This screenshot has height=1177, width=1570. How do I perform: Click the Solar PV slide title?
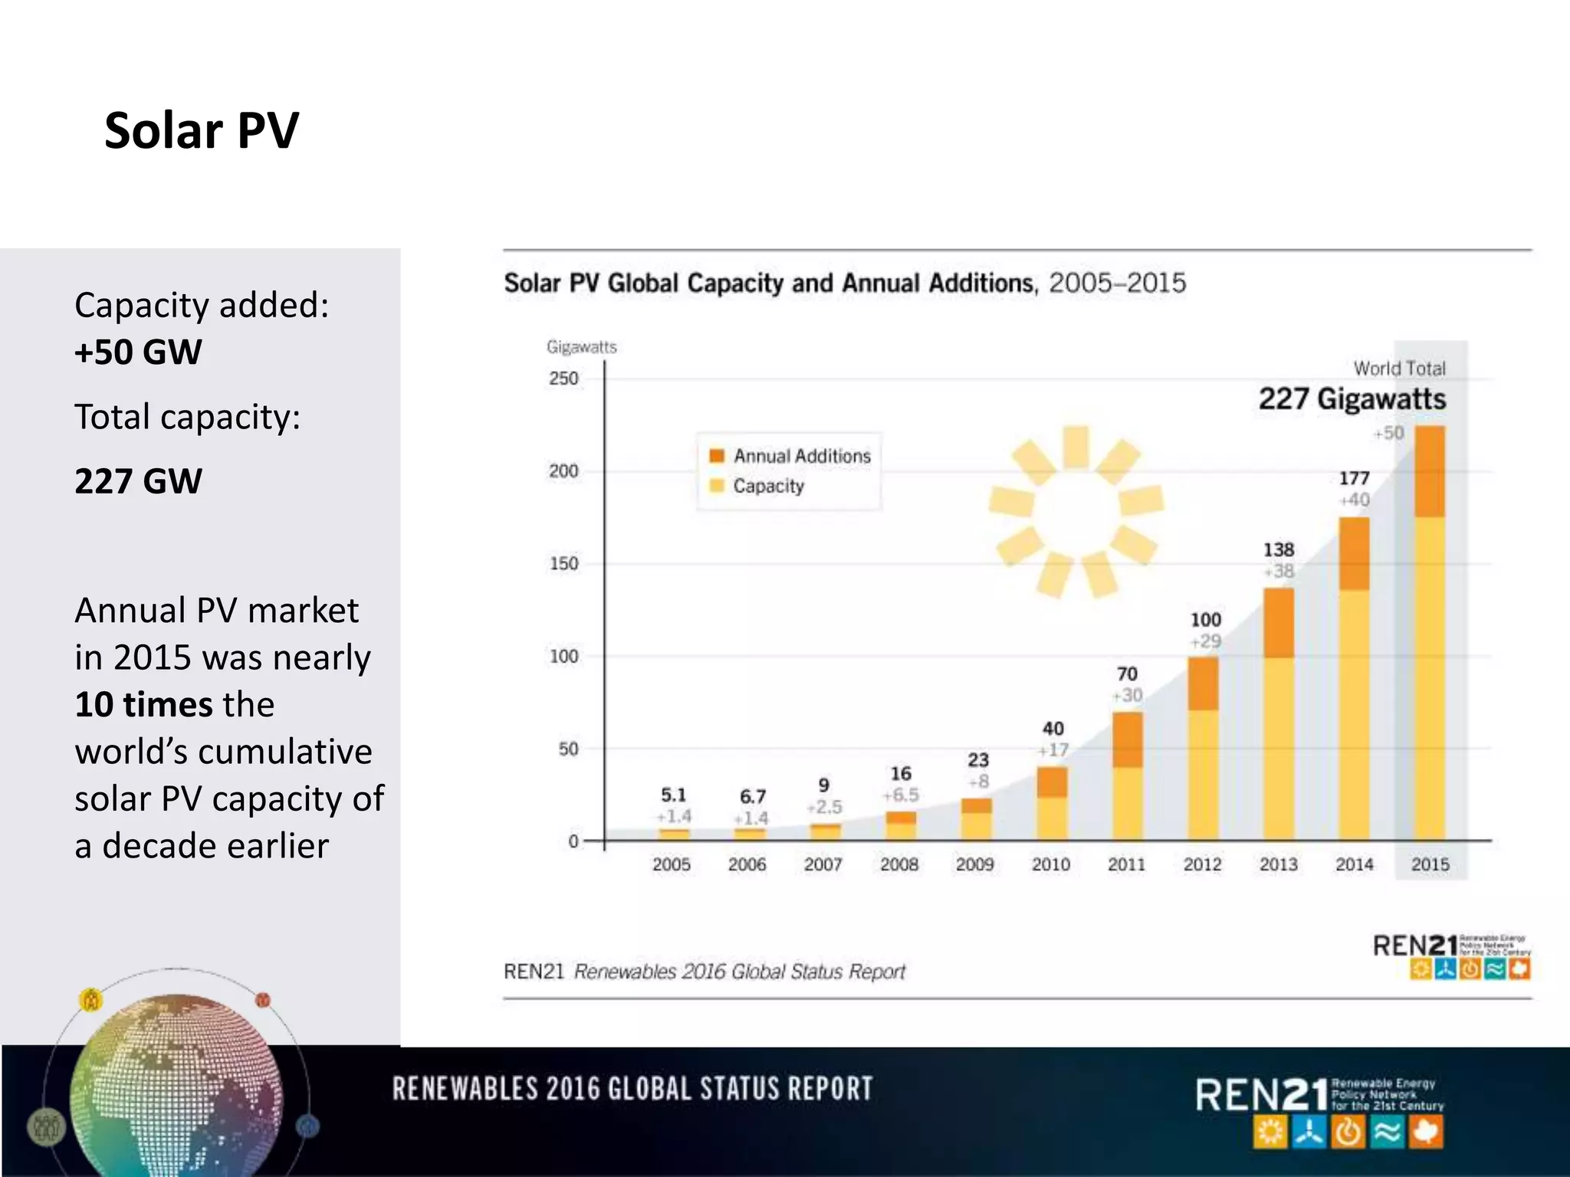point(201,130)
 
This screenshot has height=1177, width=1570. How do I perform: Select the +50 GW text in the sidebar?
point(138,352)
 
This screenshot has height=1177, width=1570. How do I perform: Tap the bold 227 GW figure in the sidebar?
point(138,481)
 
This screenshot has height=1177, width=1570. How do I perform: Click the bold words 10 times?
point(143,704)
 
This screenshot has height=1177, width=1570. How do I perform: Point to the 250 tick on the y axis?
point(563,379)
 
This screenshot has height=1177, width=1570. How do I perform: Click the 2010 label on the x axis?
point(1050,864)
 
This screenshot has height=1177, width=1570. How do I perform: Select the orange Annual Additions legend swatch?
point(717,456)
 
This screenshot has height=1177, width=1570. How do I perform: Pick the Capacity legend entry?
point(768,486)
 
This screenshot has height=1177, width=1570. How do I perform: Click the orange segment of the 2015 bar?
point(1429,471)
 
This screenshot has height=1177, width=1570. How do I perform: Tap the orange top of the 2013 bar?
point(1278,622)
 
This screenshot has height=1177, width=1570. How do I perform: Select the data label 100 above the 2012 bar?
point(1205,619)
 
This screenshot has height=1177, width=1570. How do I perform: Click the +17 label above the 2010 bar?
point(1053,750)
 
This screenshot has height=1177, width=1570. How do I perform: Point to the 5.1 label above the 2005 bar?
point(673,795)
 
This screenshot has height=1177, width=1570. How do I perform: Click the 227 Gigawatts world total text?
point(1352,398)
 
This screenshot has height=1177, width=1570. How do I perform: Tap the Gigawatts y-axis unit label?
point(581,347)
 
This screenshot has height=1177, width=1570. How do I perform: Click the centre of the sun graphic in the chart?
point(1076,511)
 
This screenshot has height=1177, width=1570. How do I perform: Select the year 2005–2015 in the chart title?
point(1117,283)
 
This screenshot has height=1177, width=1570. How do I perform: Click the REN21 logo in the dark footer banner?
point(1319,1111)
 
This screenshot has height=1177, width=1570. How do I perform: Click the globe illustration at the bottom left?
point(176,1088)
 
